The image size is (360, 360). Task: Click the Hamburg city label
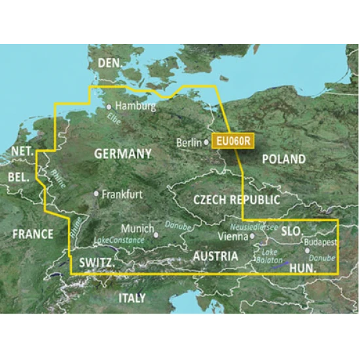(x=135, y=105)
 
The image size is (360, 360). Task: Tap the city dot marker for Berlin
(x=207, y=142)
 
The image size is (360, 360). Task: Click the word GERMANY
(x=123, y=154)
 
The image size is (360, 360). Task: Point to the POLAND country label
(x=283, y=159)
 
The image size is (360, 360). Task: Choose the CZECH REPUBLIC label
(x=237, y=200)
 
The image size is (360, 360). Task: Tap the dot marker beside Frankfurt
(x=97, y=194)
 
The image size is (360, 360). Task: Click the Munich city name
(x=137, y=230)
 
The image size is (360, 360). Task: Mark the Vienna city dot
(x=253, y=236)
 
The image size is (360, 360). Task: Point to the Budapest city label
(x=321, y=242)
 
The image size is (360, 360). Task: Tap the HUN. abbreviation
(x=302, y=268)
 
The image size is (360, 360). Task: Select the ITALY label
(x=132, y=298)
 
